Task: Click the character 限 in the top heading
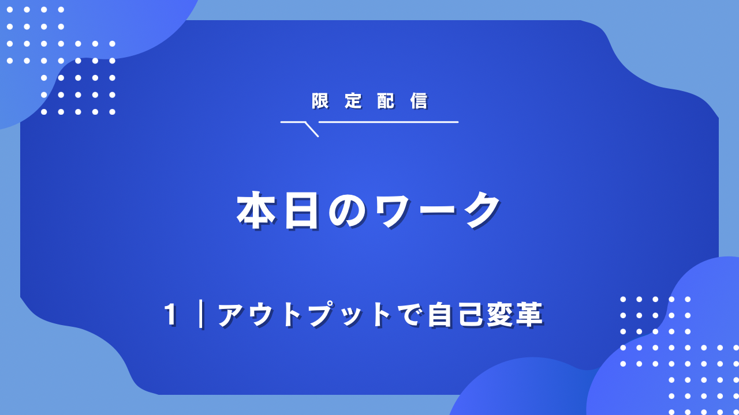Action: (x=320, y=101)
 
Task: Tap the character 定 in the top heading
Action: (x=353, y=101)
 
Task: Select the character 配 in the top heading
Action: (x=386, y=101)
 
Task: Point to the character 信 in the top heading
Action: (x=419, y=101)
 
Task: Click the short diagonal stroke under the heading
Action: (x=312, y=129)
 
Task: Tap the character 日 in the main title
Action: (x=302, y=210)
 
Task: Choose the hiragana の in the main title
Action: (x=348, y=210)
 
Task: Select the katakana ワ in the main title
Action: (x=393, y=210)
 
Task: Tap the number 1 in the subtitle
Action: (x=170, y=315)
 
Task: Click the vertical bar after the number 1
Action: (x=201, y=314)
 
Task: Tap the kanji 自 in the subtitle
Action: (x=440, y=315)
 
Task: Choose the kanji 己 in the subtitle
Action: (x=470, y=315)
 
